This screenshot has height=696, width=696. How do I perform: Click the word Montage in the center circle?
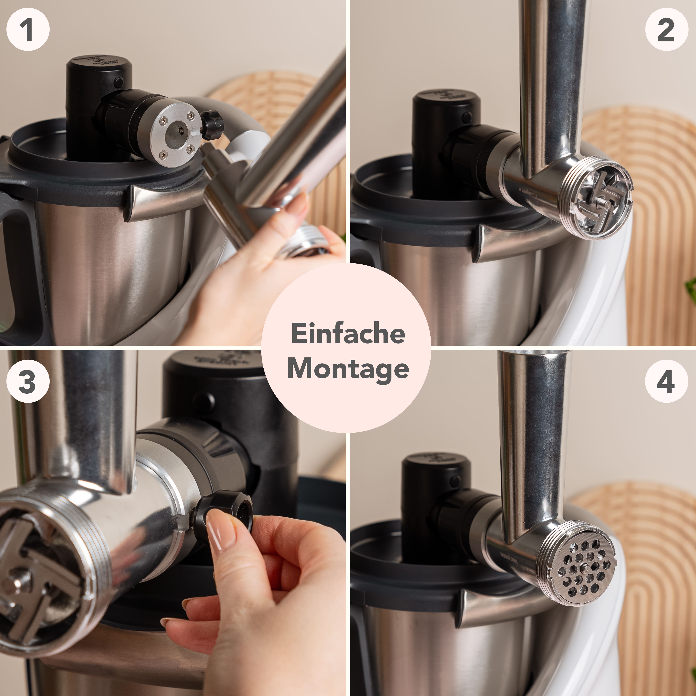coord(348,369)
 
